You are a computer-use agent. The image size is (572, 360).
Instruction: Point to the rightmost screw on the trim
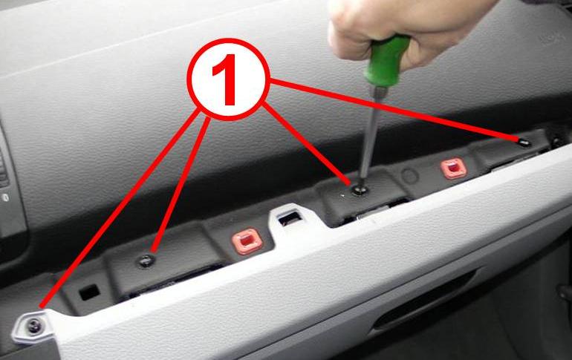(x=524, y=141)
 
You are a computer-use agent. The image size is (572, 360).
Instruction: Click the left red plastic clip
(x=245, y=241)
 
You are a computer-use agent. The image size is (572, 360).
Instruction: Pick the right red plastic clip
(x=450, y=168)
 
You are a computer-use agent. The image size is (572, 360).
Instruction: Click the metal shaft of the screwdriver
(x=370, y=141)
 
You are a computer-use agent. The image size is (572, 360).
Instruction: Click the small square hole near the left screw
(x=88, y=292)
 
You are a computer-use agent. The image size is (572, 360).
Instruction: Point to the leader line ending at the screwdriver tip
(x=308, y=145)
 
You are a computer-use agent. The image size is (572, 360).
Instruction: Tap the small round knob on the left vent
(x=4, y=197)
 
